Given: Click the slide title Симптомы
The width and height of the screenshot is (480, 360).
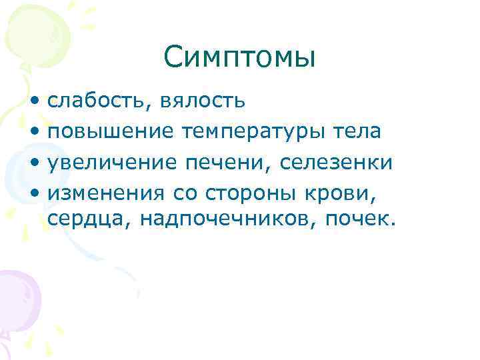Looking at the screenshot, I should point(239,59).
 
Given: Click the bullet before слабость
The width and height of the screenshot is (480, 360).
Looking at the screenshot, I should point(34,102).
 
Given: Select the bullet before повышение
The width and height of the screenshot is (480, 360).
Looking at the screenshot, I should point(34,133).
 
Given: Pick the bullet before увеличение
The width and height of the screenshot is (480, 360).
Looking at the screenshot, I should point(34,163).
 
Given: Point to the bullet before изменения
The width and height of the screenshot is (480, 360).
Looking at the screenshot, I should point(34,193).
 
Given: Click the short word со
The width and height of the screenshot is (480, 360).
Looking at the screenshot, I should point(187,193).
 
